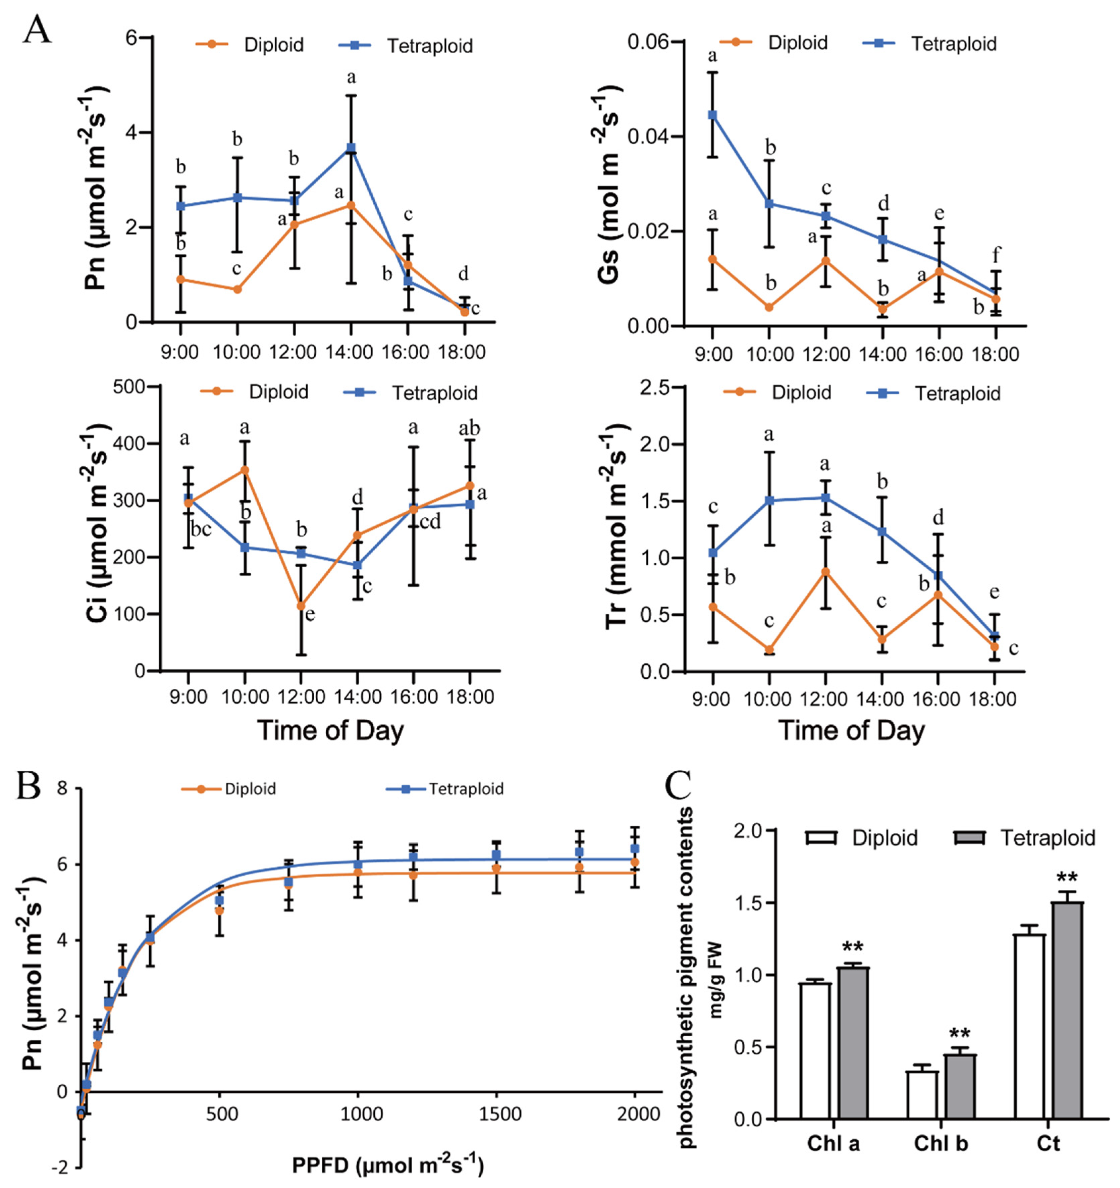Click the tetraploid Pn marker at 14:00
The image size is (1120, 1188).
click(351, 148)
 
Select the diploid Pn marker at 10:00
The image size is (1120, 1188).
click(237, 289)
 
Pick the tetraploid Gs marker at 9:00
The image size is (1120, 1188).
click(712, 115)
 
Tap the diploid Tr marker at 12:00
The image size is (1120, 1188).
click(825, 571)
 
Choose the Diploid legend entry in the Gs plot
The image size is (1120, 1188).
click(774, 43)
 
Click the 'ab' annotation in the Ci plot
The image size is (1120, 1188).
click(469, 428)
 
